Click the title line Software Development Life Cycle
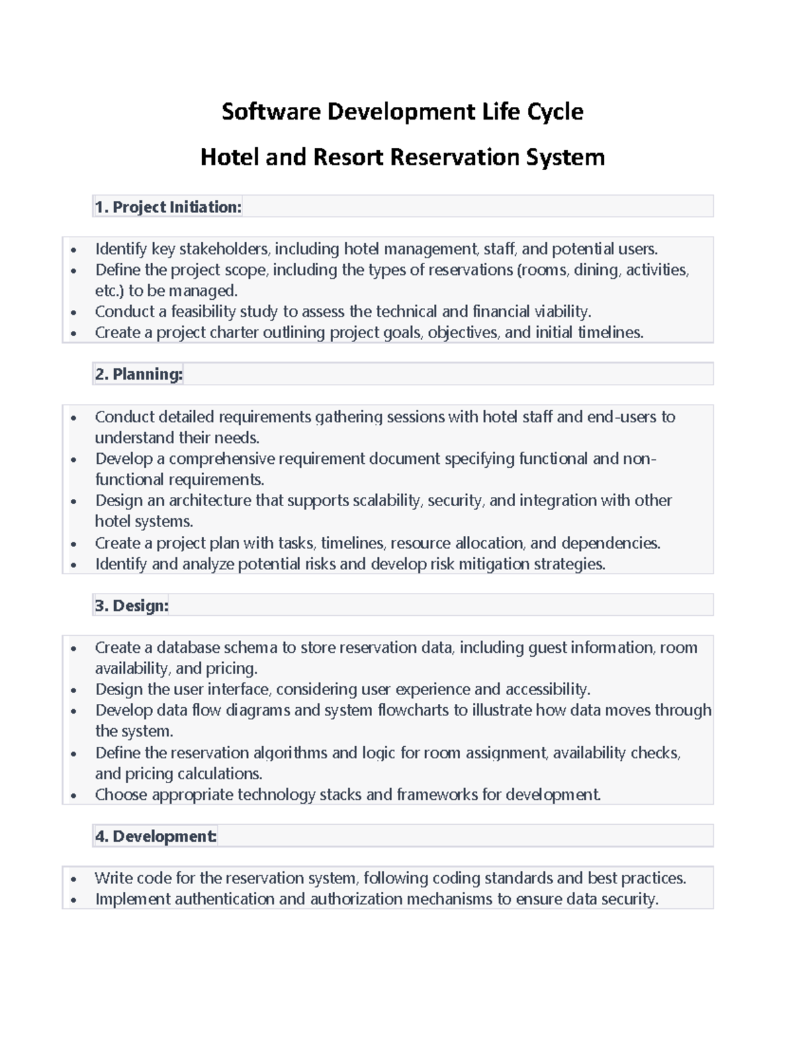[x=402, y=111]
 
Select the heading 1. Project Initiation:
[x=168, y=207]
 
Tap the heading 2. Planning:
[x=138, y=374]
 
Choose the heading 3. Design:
[x=132, y=606]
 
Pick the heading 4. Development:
[x=155, y=836]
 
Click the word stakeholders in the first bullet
[x=224, y=249]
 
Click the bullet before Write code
[x=74, y=879]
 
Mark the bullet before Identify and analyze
[x=74, y=565]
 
